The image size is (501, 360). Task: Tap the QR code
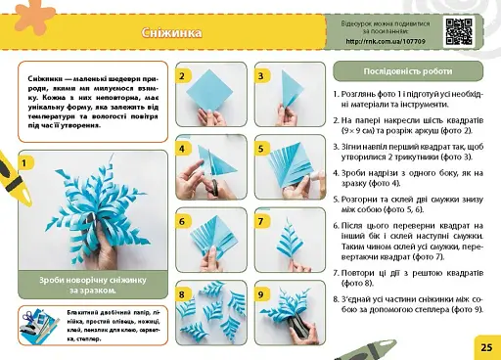[x=460, y=31]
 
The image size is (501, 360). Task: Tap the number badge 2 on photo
[x=182, y=75]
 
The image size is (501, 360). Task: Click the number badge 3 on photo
[x=261, y=75]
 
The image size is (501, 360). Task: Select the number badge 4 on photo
[x=182, y=149]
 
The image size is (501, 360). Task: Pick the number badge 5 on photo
[x=261, y=149]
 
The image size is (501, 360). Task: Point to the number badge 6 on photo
[x=182, y=221]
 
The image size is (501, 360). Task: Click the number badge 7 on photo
[x=261, y=221]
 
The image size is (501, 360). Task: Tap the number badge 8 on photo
[x=182, y=293]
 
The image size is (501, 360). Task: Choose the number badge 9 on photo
[x=261, y=293]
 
